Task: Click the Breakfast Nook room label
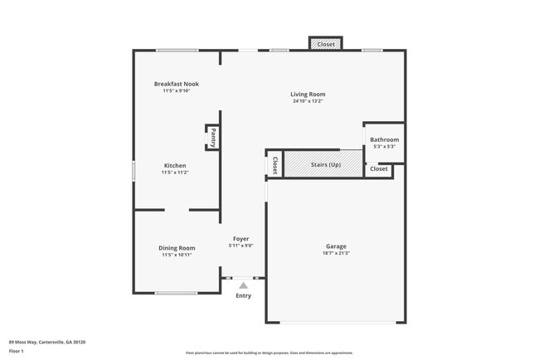click(176, 84)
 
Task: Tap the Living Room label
click(308, 95)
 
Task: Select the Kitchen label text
click(175, 165)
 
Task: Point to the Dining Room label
click(177, 248)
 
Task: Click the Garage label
click(336, 246)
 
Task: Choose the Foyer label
click(240, 239)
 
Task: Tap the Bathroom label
click(384, 139)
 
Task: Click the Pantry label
click(213, 137)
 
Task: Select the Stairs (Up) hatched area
click(323, 164)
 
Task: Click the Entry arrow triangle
click(243, 285)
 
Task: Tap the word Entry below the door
click(243, 296)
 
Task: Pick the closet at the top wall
click(326, 44)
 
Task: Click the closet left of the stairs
click(274, 164)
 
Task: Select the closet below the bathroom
click(379, 169)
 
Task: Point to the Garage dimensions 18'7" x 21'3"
click(336, 253)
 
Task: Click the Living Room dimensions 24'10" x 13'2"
click(308, 101)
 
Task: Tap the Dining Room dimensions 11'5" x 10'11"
click(177, 255)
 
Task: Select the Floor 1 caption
click(17, 351)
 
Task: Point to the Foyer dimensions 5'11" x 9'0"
click(240, 246)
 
